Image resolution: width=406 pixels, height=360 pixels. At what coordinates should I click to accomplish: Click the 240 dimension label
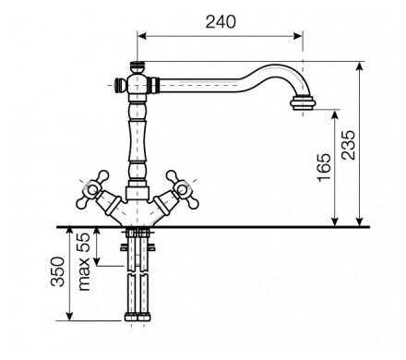(221, 22)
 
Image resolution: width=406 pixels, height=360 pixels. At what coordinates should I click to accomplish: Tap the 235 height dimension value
(349, 145)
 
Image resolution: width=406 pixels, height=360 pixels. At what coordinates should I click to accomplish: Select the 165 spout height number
(325, 167)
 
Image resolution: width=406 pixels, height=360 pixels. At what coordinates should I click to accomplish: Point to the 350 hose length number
(58, 271)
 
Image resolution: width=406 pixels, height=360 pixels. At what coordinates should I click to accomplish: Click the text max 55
(84, 261)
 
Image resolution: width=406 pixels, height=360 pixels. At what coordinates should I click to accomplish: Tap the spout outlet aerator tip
(303, 102)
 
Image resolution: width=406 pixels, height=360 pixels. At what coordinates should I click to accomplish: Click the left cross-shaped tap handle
(92, 189)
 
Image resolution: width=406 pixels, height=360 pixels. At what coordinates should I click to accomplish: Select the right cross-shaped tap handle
(182, 189)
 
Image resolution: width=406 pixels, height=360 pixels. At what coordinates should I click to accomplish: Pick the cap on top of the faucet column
(137, 66)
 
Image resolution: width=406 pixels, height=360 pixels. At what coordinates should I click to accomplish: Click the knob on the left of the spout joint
(120, 85)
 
